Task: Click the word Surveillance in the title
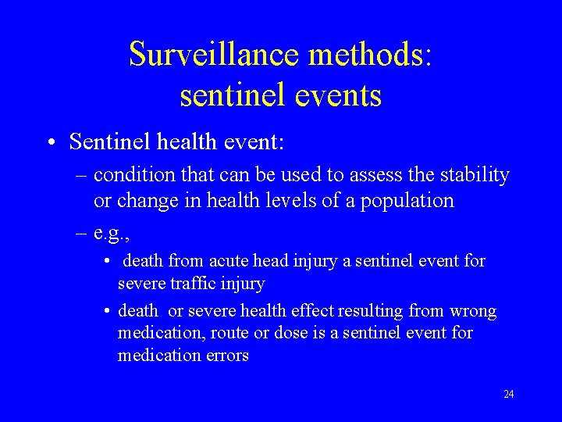click(x=215, y=54)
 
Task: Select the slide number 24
click(x=508, y=395)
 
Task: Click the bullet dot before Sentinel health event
click(x=51, y=142)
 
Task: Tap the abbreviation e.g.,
click(x=111, y=233)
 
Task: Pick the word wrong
click(x=475, y=311)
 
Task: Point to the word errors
click(x=226, y=355)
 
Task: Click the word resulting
click(x=371, y=311)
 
